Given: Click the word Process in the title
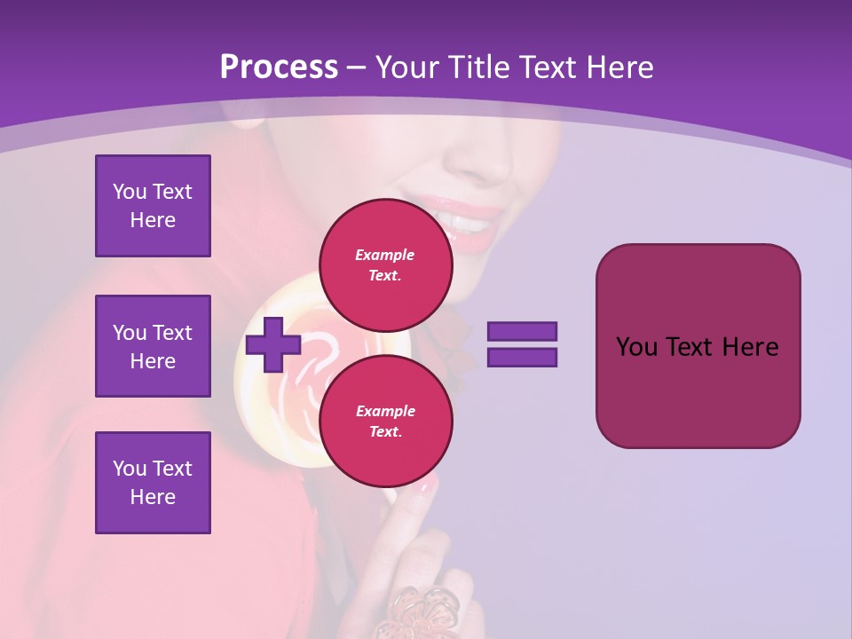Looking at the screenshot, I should coord(279,67).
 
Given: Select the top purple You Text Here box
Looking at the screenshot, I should coord(153,206).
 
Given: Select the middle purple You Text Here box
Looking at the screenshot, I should coord(153,346).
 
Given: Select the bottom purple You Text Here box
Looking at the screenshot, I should coord(153,483).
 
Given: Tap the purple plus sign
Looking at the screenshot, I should coord(272,344).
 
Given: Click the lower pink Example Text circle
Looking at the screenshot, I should coord(385,421).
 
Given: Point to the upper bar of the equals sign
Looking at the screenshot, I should coord(522,332).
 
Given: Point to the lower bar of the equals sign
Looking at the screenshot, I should coord(522,358).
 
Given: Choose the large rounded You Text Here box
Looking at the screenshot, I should coord(698,346).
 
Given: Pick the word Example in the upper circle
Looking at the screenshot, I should coord(385,255).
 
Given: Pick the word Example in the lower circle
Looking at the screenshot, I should coord(385,411).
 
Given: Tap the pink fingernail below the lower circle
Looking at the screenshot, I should coord(425,486).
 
